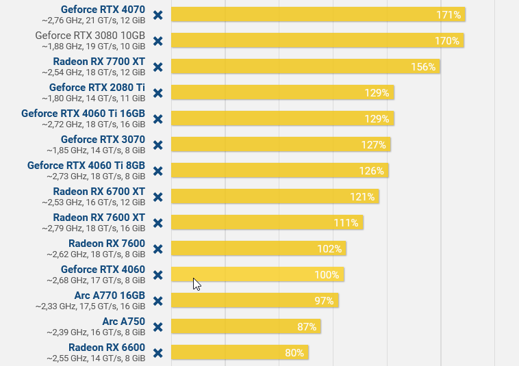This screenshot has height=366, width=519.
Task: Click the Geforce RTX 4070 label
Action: (x=103, y=10)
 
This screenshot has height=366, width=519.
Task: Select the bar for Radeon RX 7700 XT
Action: (x=305, y=66)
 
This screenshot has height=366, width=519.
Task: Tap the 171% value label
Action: (x=448, y=14)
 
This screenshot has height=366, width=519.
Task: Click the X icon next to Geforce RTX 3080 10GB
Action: (x=157, y=41)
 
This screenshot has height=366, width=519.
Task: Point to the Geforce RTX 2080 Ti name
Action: (x=97, y=88)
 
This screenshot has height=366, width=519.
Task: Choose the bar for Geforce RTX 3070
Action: (x=281, y=144)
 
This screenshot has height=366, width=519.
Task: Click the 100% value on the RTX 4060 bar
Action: (x=327, y=275)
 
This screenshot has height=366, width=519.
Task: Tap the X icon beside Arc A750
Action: (x=157, y=327)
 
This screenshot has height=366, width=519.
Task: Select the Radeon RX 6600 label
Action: (x=107, y=348)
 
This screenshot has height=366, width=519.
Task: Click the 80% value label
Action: (x=294, y=353)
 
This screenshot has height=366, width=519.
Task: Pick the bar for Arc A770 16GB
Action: (x=255, y=301)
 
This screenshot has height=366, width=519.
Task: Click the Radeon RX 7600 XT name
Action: (x=99, y=218)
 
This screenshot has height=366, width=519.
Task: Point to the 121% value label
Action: (x=364, y=197)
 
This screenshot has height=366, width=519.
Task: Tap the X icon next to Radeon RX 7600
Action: (x=157, y=249)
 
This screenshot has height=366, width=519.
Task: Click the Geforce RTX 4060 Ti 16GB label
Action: (x=84, y=114)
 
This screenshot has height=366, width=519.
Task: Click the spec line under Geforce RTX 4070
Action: (x=93, y=21)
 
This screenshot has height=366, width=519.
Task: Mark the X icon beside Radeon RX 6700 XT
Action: (x=157, y=197)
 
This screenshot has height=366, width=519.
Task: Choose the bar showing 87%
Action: (x=246, y=327)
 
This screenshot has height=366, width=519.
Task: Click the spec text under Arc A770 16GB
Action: (x=90, y=306)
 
